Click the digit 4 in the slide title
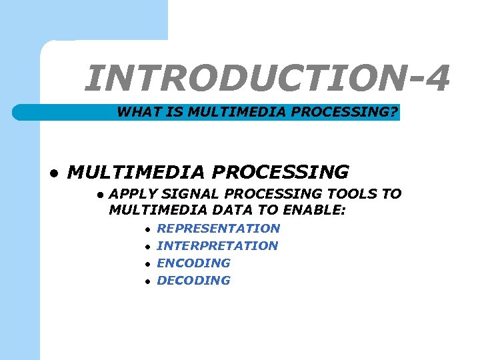click(436, 79)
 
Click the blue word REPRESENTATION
click(218, 228)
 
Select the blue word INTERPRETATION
click(217, 245)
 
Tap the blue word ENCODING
click(193, 263)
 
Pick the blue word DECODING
click(193, 280)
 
